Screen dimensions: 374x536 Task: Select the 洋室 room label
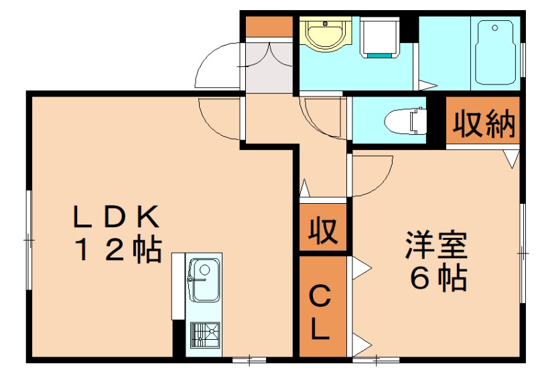[435, 245]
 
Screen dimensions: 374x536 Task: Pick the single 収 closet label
[323, 231]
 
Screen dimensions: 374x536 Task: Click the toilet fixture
[406, 121]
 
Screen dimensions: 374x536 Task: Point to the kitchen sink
[204, 279]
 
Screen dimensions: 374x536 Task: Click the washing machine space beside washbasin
[380, 38]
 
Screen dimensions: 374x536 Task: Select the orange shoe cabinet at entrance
[268, 27]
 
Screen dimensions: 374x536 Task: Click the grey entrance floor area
[268, 67]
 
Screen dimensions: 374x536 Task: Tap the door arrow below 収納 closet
[512, 159]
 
